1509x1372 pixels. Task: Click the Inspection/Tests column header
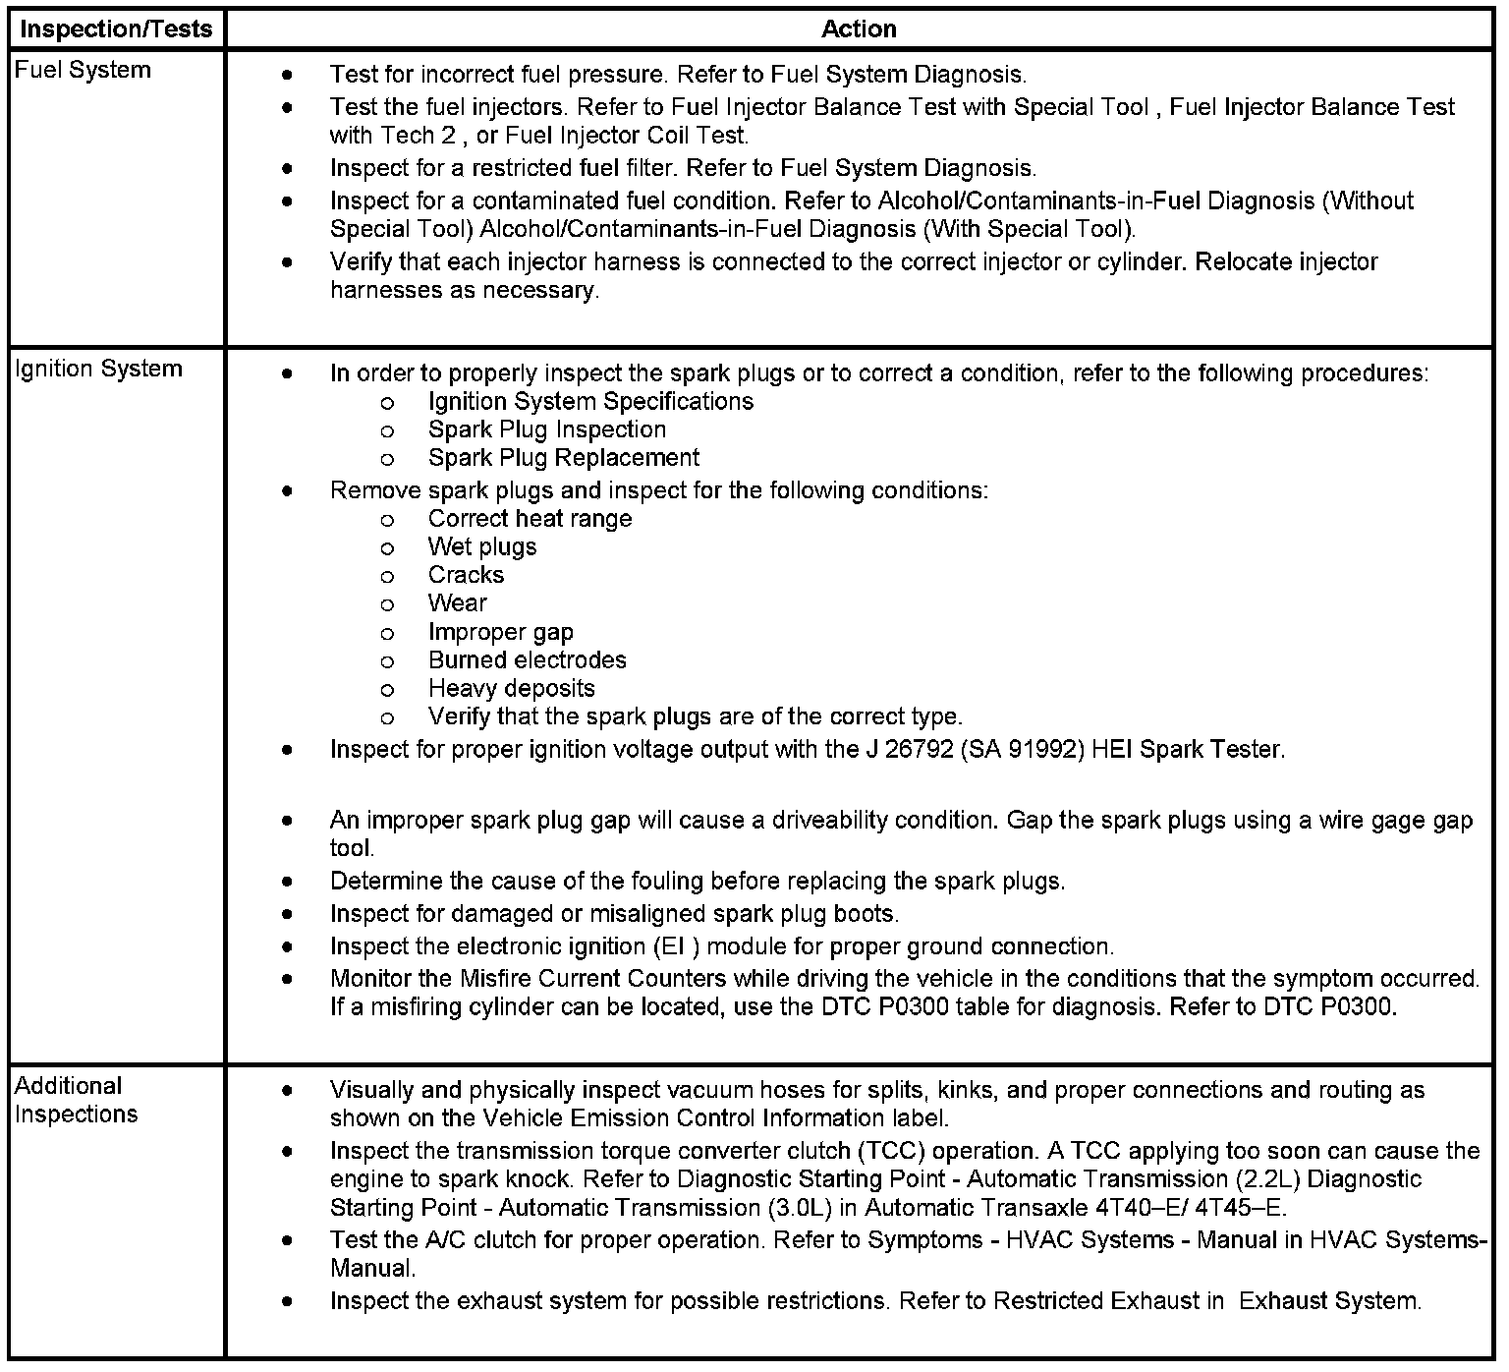pyautogui.click(x=116, y=29)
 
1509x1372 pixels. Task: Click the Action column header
pyautogui.click(x=859, y=29)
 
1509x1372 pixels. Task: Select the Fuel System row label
pyautogui.click(x=83, y=70)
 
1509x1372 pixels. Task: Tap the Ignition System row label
pyautogui.click(x=98, y=369)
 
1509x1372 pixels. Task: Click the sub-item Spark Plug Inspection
pyautogui.click(x=547, y=429)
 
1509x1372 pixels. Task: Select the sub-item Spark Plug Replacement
pyautogui.click(x=564, y=458)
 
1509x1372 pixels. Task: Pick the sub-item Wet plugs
pyautogui.click(x=482, y=546)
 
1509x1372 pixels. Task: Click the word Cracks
pyautogui.click(x=466, y=575)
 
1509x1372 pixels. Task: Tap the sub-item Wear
pyautogui.click(x=458, y=603)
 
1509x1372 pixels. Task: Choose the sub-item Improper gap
pyautogui.click(x=501, y=632)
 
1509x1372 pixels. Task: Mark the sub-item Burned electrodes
pyautogui.click(x=528, y=660)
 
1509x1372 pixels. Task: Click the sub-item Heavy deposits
pyautogui.click(x=512, y=689)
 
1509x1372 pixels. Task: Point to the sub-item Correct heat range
pyautogui.click(x=531, y=519)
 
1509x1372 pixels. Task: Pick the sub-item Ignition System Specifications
pyautogui.click(x=591, y=401)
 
